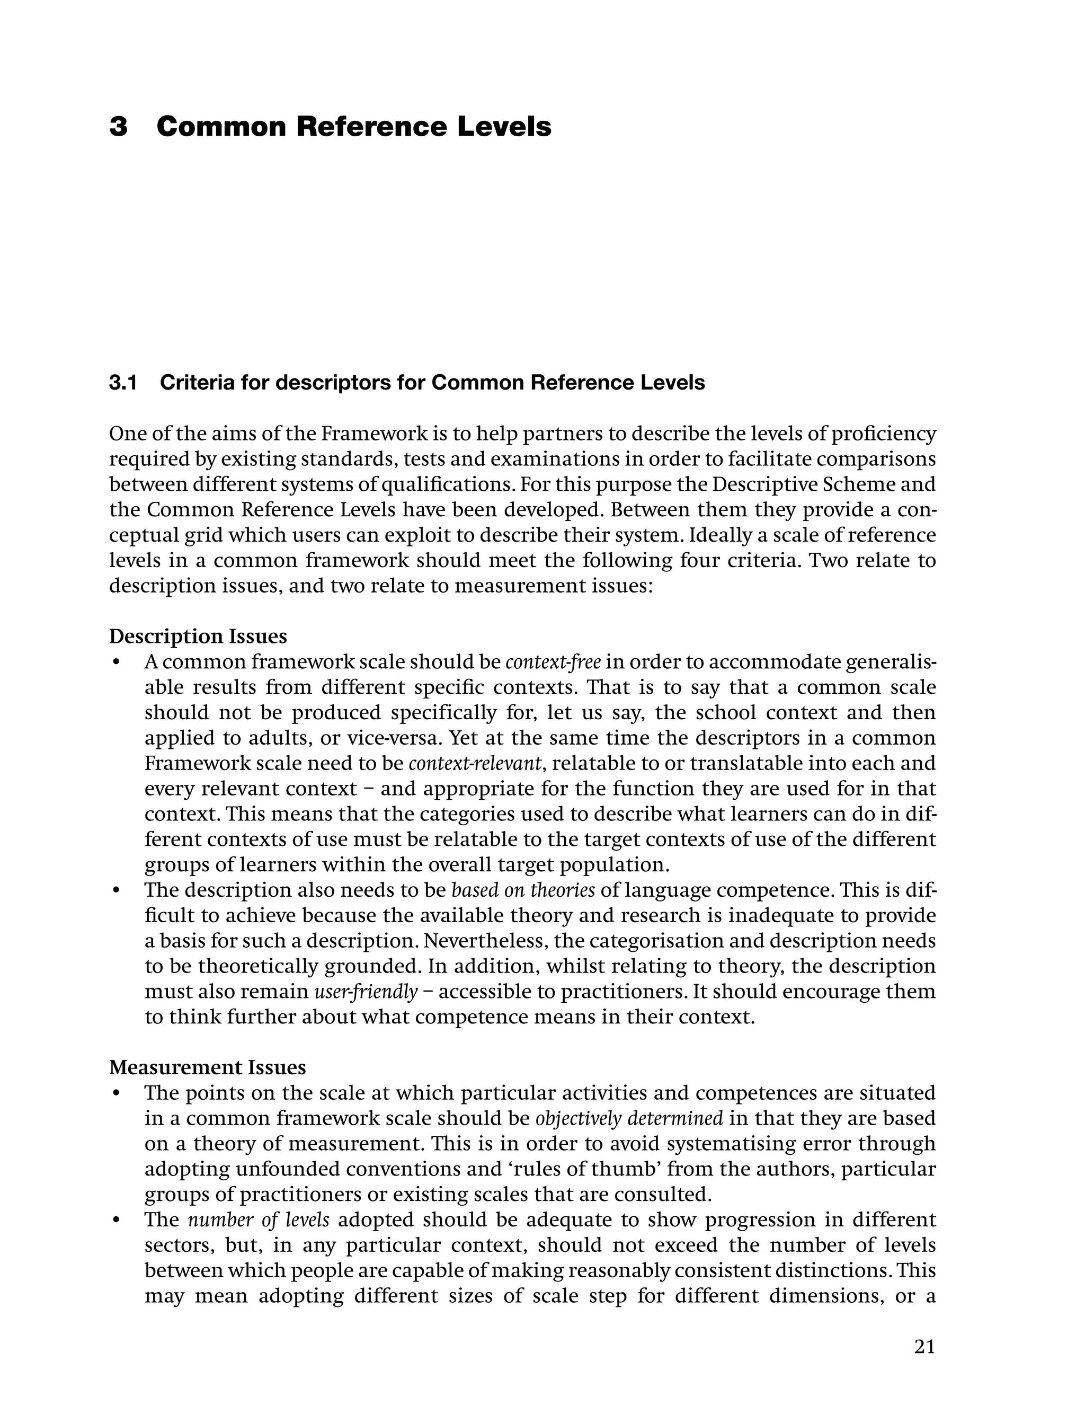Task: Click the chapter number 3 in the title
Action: (x=118, y=127)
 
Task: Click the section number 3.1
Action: (x=123, y=383)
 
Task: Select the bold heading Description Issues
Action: (x=198, y=637)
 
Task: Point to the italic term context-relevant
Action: (x=475, y=764)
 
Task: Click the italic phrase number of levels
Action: (x=259, y=1219)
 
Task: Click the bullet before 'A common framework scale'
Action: (x=117, y=664)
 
